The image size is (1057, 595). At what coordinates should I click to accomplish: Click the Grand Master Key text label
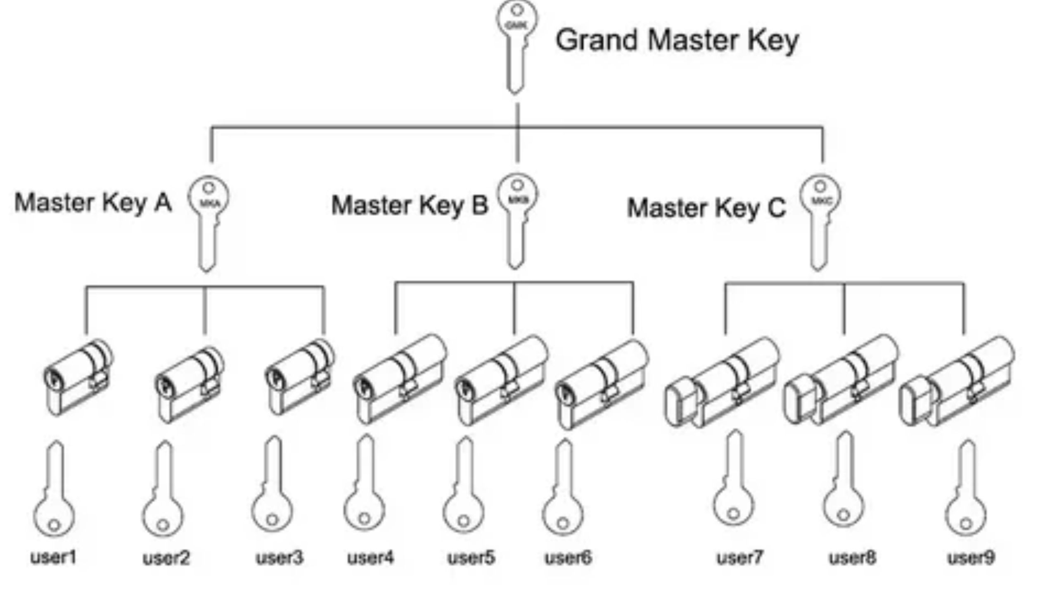click(x=677, y=40)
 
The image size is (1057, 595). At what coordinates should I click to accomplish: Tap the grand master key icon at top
click(x=517, y=45)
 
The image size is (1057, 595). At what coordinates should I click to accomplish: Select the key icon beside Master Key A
click(x=208, y=223)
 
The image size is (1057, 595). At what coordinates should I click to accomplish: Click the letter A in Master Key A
click(x=163, y=203)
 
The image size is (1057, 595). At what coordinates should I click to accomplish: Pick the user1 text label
click(x=54, y=557)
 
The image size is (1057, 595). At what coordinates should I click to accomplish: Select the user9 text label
click(x=971, y=558)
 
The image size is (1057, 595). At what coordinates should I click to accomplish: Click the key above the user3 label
click(x=273, y=488)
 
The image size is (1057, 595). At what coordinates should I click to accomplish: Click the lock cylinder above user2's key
click(x=190, y=384)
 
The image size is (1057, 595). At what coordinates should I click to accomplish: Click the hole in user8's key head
click(x=844, y=515)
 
